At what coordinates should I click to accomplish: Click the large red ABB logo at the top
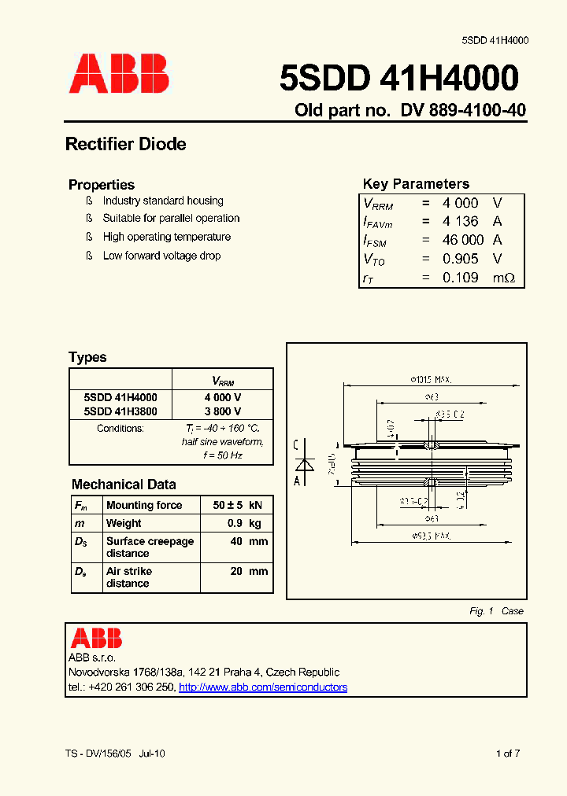coord(119,74)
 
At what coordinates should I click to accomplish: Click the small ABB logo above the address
coord(96,638)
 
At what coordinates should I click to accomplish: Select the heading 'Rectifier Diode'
coord(126,144)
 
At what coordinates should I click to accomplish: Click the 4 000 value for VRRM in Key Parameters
coord(461,203)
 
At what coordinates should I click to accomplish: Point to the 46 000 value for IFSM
coord(462,240)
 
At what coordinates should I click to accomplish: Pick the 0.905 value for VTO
coord(461,259)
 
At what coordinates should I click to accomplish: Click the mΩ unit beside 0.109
coord(503,278)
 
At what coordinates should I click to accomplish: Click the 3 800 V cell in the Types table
coord(223,411)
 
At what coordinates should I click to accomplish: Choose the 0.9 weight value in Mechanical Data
coord(234,523)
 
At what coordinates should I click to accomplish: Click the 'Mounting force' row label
coord(144,505)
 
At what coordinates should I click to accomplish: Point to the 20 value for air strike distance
coord(236,572)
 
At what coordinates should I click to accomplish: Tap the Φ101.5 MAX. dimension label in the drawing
coord(431,378)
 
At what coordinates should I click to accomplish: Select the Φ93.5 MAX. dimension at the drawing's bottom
coord(431,536)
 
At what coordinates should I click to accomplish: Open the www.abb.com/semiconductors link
coord(263,687)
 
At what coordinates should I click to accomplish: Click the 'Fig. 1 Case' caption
coord(496,611)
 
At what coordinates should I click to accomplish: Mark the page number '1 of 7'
coord(508,754)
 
